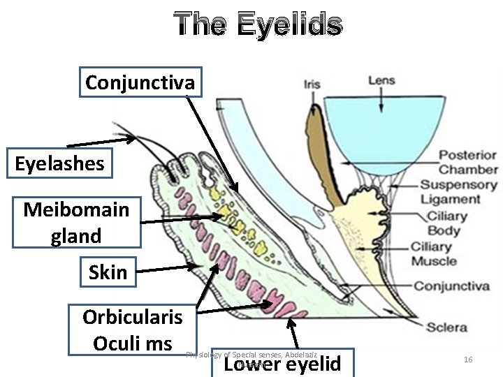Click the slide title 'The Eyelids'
(x=258, y=24)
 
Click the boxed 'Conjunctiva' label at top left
(x=140, y=82)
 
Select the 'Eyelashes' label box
(x=59, y=164)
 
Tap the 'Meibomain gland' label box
(x=76, y=223)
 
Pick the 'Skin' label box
(x=108, y=272)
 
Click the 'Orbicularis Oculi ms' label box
(x=132, y=330)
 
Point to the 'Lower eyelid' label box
(x=282, y=364)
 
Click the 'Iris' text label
(x=312, y=84)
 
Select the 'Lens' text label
(x=381, y=80)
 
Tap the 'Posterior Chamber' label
(x=468, y=162)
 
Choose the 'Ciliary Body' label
(x=444, y=223)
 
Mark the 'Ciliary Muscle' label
(x=433, y=254)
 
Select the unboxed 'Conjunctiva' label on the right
(x=451, y=286)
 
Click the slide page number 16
(x=468, y=359)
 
